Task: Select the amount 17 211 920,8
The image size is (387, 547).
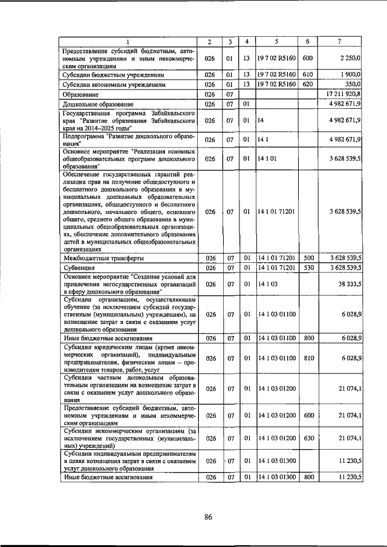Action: click(343, 94)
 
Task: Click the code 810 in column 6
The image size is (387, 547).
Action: click(309, 358)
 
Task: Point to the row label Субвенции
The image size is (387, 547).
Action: click(82, 267)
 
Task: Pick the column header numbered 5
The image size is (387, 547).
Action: click(275, 41)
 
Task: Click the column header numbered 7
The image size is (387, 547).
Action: click(340, 41)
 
